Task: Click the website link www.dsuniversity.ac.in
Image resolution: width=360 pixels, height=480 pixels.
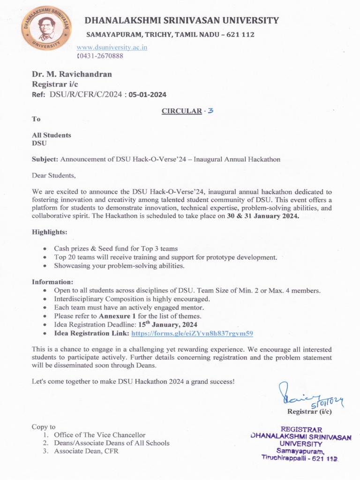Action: click(x=112, y=47)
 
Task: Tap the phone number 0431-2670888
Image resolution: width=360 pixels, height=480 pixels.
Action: click(x=100, y=56)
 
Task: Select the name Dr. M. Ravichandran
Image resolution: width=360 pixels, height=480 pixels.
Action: click(x=72, y=74)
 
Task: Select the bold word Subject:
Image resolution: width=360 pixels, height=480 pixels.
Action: click(x=45, y=159)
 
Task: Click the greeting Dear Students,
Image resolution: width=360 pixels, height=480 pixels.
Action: click(x=53, y=175)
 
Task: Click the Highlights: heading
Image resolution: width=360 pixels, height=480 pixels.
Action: click(x=49, y=232)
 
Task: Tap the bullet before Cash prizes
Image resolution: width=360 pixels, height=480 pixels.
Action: click(x=45, y=249)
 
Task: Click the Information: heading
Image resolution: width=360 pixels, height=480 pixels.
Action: click(x=52, y=282)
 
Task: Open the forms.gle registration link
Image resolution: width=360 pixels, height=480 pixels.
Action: click(x=192, y=333)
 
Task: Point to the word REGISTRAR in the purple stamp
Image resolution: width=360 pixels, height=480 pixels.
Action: click(x=301, y=429)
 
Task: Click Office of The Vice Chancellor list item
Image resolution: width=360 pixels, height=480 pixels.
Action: click(x=99, y=435)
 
